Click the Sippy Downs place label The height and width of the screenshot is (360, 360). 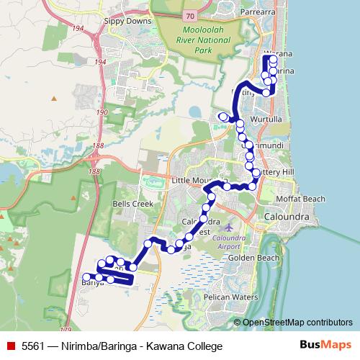point(128,22)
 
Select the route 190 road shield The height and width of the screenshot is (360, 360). point(103,113)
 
